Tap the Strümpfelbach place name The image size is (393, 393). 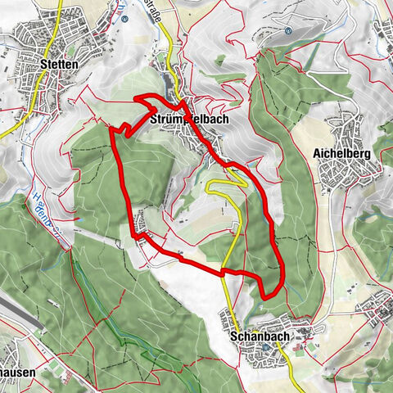[189, 119]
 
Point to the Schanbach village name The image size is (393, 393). [257, 336]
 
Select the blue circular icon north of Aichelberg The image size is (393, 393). [288, 31]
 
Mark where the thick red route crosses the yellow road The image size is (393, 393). [222, 272]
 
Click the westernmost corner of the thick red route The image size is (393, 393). [111, 129]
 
